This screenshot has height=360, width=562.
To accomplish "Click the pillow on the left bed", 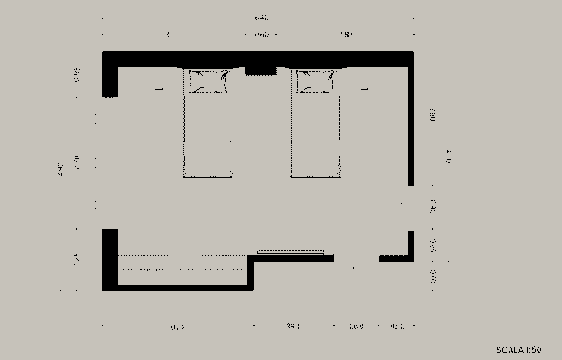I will (x=208, y=83).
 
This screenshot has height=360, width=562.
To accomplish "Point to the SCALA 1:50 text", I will (x=519, y=350).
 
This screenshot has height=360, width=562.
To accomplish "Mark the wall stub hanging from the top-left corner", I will (x=110, y=78).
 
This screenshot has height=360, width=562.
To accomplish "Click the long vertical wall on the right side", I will (x=411, y=122).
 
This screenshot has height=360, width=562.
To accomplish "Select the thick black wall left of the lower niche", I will (x=110, y=258).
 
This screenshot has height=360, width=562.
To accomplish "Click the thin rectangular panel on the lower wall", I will (x=290, y=251).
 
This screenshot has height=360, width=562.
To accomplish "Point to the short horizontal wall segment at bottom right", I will (x=395, y=258).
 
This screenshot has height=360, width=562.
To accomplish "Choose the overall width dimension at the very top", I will (x=256, y=18).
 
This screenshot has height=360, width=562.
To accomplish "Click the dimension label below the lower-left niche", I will (x=177, y=327).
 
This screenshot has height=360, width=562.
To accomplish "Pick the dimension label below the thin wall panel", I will (x=291, y=327).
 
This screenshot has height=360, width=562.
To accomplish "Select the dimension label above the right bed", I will (x=346, y=35).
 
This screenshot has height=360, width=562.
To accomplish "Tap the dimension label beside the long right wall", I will (x=433, y=116).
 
